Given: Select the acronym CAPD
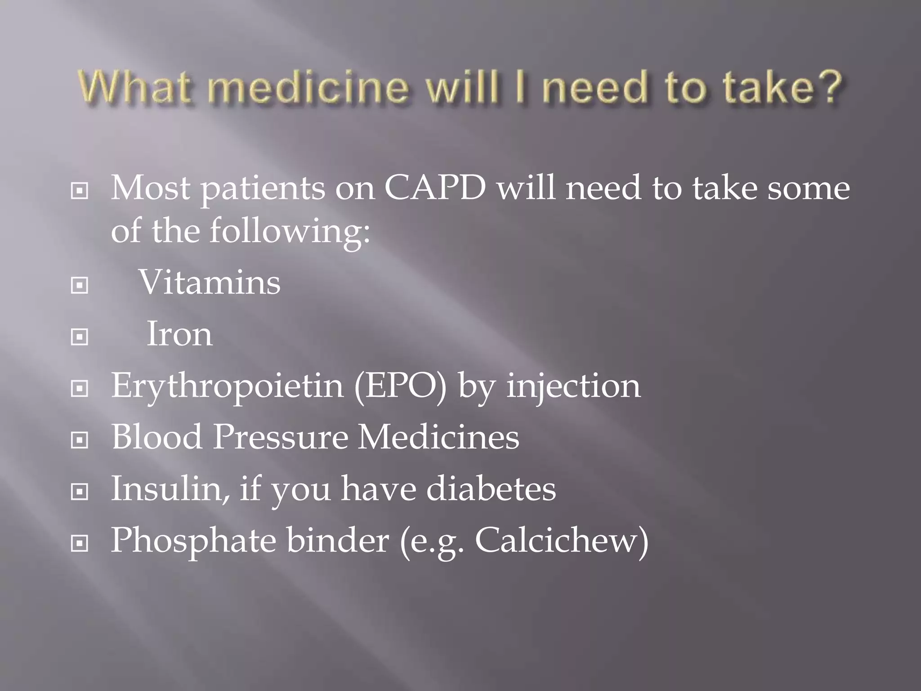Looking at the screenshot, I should [435, 188].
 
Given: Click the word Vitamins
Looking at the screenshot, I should [210, 283].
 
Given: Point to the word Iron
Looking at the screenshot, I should [179, 334].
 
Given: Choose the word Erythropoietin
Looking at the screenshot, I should [227, 386].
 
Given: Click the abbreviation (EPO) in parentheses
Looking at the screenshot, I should [400, 386].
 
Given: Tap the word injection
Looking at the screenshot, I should [573, 386].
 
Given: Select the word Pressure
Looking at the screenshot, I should [280, 437].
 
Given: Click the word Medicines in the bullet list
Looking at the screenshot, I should [438, 437].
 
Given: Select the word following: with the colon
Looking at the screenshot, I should [291, 231].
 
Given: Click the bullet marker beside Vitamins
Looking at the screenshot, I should [80, 285].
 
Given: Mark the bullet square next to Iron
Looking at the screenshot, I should [80, 337].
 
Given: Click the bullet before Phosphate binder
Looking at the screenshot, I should [80, 543].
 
